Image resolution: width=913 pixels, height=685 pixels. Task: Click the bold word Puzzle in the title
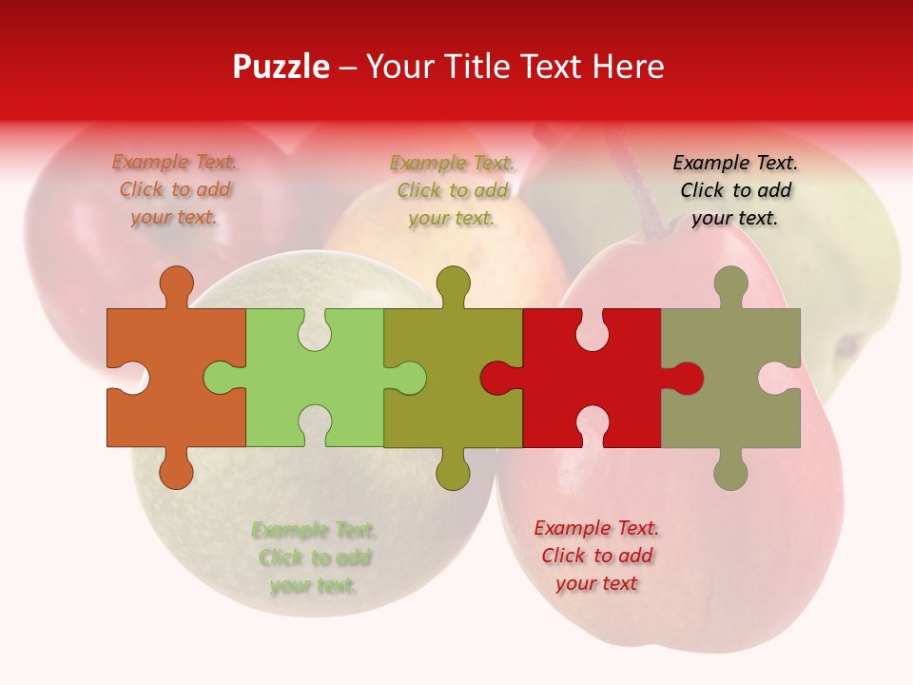(281, 67)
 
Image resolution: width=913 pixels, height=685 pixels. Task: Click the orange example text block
(175, 189)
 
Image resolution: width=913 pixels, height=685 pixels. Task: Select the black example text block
(735, 190)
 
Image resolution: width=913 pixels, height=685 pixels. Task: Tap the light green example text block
(314, 558)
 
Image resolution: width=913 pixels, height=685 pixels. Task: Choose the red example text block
(596, 556)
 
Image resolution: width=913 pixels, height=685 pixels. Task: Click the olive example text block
(453, 190)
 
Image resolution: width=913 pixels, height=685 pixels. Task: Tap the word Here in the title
(628, 67)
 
